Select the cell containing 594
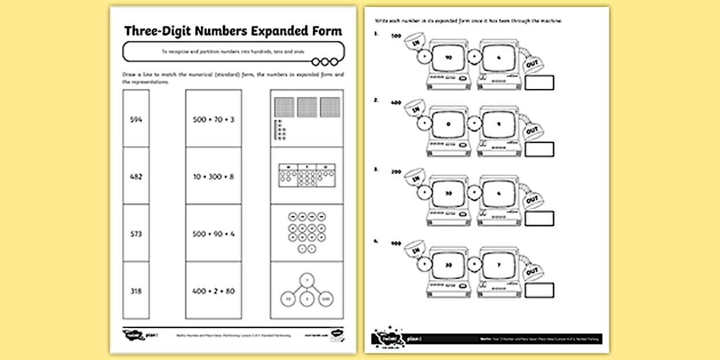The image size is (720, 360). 136,119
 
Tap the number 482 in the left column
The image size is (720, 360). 136,177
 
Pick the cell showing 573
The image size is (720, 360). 136,234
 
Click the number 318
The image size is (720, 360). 136,291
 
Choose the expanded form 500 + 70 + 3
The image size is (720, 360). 213,119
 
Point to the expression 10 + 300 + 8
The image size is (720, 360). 213,177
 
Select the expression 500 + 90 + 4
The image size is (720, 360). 213,234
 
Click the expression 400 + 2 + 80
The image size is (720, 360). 213,291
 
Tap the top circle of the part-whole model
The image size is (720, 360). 307,280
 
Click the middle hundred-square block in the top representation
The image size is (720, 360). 307,107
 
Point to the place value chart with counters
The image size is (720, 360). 307,176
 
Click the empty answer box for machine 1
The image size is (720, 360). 538,82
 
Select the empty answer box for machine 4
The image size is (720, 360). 538,290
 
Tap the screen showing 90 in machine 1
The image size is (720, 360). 447,57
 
